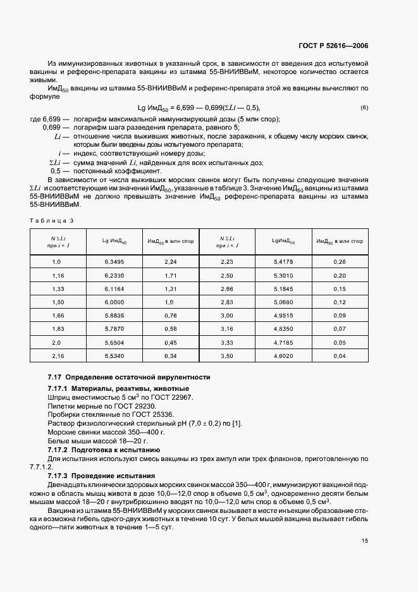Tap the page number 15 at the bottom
(x=365, y=541)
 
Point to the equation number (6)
(x=364, y=108)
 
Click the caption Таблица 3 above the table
(x=52, y=220)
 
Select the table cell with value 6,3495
(x=114, y=261)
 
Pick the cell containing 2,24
(x=170, y=261)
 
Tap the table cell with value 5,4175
(x=283, y=261)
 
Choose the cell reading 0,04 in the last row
(x=339, y=357)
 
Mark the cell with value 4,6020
(x=283, y=357)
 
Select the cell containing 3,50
(x=226, y=357)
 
